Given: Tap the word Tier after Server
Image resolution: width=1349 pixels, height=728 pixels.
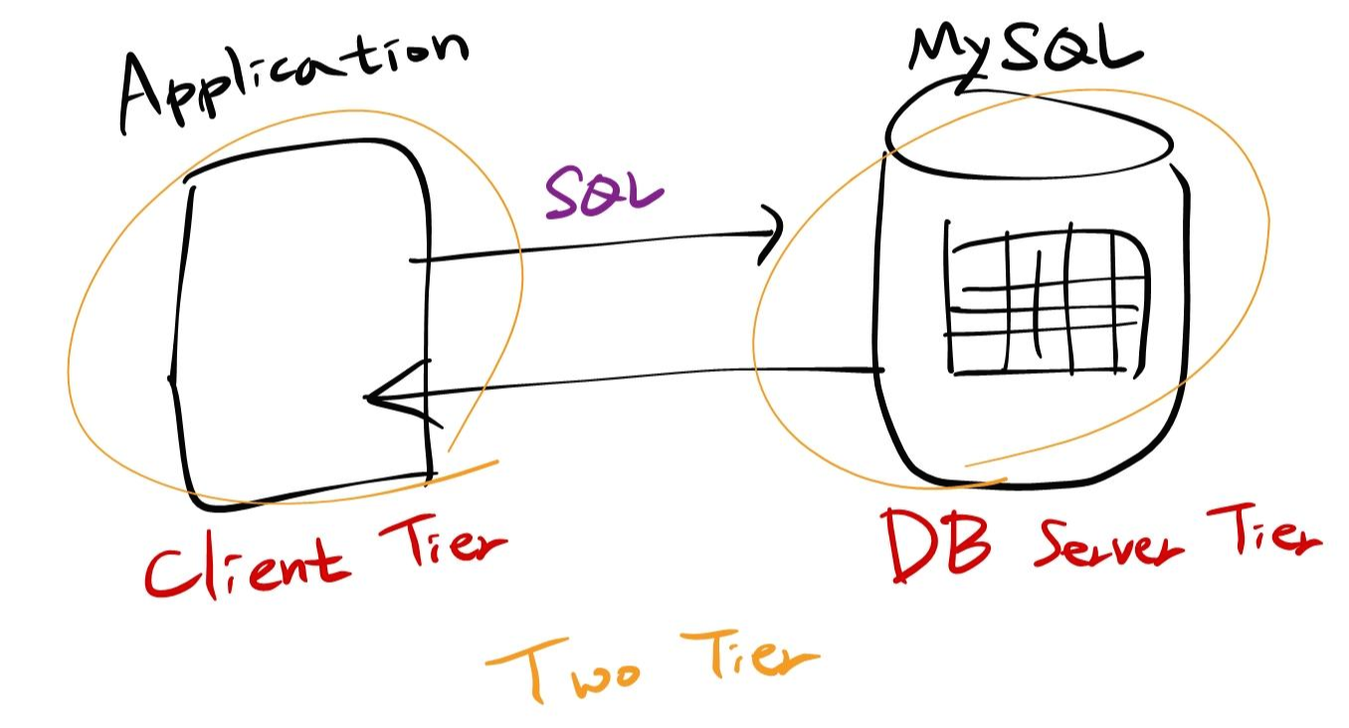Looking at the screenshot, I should [1263, 537].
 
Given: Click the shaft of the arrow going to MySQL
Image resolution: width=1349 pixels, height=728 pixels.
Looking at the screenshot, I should [597, 247].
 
